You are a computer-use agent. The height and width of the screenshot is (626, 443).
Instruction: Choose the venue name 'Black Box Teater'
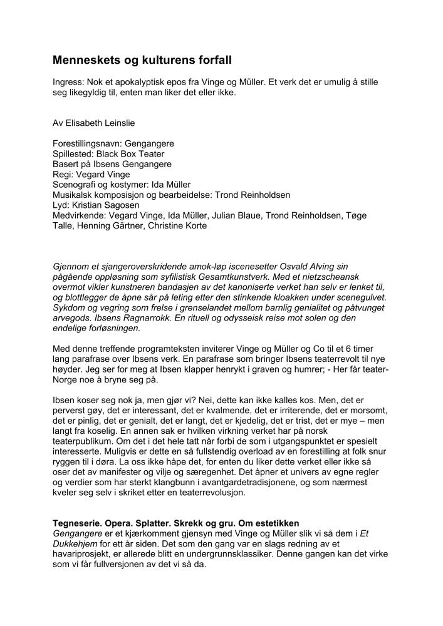[130, 153]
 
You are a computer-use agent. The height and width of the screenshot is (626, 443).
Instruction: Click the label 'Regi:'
[63, 174]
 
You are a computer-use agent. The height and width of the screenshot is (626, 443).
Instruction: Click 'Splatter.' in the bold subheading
[140, 523]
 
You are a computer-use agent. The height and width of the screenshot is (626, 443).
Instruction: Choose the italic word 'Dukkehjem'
[74, 543]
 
